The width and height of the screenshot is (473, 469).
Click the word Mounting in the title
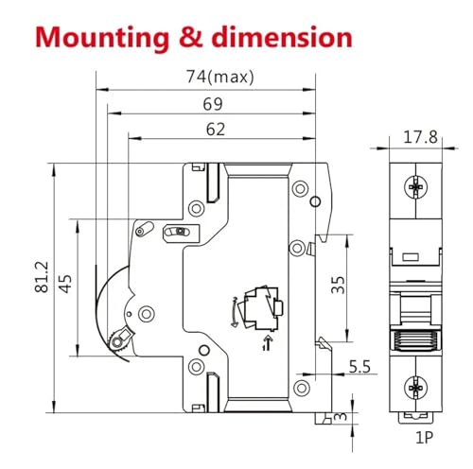(x=102, y=39)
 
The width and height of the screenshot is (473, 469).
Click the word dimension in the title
(x=282, y=37)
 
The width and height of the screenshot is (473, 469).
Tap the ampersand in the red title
(x=190, y=37)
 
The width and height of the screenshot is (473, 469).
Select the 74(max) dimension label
(x=219, y=77)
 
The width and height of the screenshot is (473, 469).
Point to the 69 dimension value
(x=213, y=104)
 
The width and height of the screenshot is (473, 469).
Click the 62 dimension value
(x=216, y=130)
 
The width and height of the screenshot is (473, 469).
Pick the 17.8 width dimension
(x=420, y=137)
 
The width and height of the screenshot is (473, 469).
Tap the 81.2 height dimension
(x=42, y=277)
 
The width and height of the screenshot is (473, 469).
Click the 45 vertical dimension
(x=65, y=284)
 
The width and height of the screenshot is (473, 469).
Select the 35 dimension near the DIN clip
(x=338, y=285)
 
